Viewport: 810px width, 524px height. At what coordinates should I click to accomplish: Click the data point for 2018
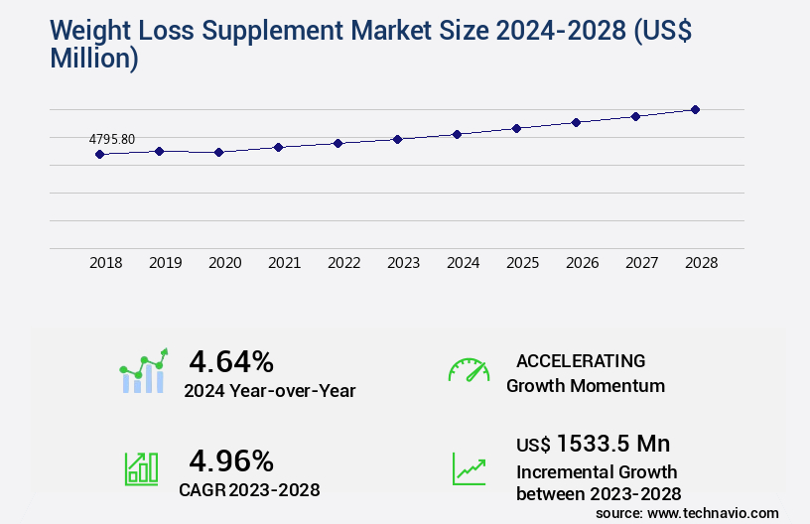click(99, 154)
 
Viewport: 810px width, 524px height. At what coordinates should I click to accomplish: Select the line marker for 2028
click(696, 109)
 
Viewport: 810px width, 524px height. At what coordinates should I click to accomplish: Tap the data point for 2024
click(457, 134)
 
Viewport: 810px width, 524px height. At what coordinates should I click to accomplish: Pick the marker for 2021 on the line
click(279, 147)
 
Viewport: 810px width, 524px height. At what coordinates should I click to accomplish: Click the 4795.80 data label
click(112, 140)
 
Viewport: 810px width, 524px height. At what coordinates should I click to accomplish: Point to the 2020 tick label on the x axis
click(225, 263)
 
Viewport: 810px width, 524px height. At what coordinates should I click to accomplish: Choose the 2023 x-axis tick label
click(404, 263)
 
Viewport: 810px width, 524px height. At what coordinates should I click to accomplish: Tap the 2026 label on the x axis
click(583, 263)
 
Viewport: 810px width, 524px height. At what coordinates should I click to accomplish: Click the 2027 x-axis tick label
click(642, 263)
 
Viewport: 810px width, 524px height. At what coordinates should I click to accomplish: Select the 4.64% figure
click(231, 360)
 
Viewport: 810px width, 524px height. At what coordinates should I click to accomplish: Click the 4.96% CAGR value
click(231, 460)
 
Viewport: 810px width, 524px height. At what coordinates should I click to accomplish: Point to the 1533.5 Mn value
click(613, 443)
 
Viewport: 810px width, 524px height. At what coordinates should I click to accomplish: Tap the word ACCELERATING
click(581, 360)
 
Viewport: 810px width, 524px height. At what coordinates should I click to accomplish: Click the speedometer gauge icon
click(469, 370)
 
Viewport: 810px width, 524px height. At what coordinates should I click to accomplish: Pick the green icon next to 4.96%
click(141, 468)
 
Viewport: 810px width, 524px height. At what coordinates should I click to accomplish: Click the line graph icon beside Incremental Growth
click(469, 468)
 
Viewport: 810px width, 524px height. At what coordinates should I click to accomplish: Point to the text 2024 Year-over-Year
click(270, 390)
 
